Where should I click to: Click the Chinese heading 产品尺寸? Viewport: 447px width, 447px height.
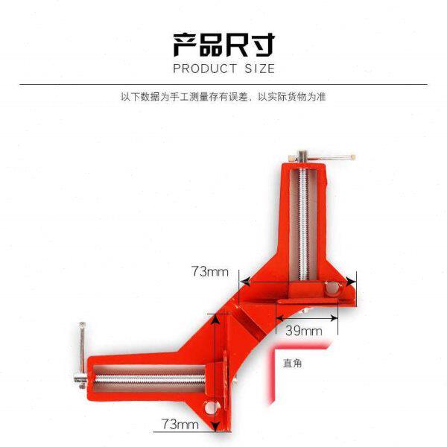(223, 45)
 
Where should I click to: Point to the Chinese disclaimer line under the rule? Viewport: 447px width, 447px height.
(223, 97)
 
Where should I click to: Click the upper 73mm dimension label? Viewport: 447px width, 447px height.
(210, 271)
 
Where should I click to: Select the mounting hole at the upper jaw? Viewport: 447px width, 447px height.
(330, 287)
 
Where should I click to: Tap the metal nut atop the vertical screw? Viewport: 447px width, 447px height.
(304, 158)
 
